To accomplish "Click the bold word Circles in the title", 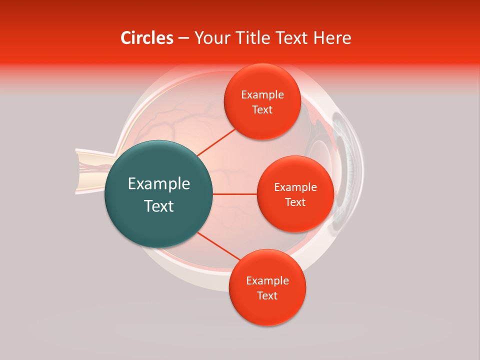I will tap(147, 38).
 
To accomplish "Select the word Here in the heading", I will tap(332, 38).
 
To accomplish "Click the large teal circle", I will tap(159, 194).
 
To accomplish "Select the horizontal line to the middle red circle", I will tap(235, 194).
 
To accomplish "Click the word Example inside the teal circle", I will tap(159, 184).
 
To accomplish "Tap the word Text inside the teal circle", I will tap(159, 206).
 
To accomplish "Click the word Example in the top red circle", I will tap(262, 95).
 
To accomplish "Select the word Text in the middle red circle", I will tap(295, 202).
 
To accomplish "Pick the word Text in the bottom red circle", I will tap(267, 295).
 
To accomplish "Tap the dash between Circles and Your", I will tap(183, 38).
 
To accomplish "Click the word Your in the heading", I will tap(210, 38).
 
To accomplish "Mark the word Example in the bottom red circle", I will tap(267, 280).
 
